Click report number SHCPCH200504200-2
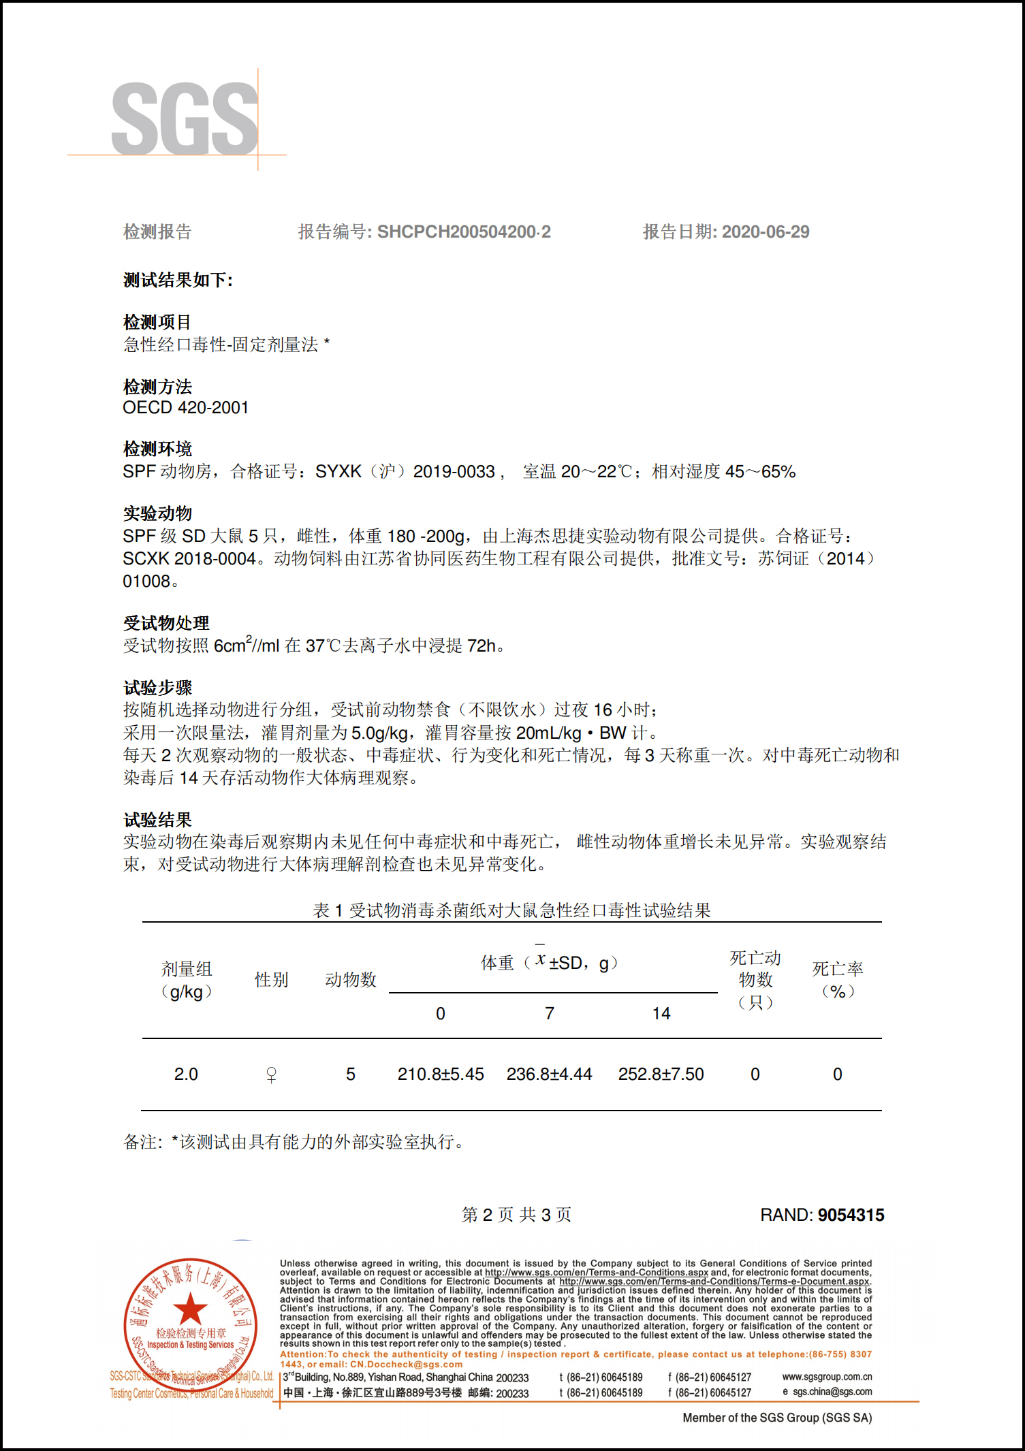coord(464,232)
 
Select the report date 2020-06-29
coord(766,232)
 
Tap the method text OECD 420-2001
coord(185,408)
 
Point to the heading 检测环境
coord(157,449)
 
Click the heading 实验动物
coord(157,513)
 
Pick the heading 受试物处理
coord(166,623)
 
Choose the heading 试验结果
coord(157,820)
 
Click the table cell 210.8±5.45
coord(441,1074)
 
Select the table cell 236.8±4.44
coord(549,1074)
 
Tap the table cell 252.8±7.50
coord(661,1074)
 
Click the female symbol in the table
coord(271,1075)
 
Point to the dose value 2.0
coord(186,1074)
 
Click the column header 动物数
coord(351,980)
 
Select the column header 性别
coord(271,980)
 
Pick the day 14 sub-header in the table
coord(661,1014)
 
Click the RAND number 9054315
coord(851,1215)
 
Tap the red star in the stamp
coord(190,1308)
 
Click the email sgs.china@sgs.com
coord(832,1392)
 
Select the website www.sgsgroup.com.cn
coord(827,1377)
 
